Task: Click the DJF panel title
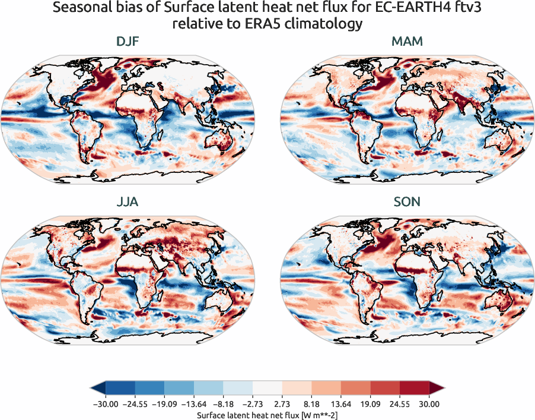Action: point(128,42)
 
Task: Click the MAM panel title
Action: point(407,42)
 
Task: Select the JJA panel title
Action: point(128,202)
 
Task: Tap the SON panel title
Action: point(407,202)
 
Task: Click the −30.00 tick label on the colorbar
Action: point(106,404)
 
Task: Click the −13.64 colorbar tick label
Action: point(194,404)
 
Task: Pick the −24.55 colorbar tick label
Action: point(135,404)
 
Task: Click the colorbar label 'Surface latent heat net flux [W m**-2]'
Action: point(267,415)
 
